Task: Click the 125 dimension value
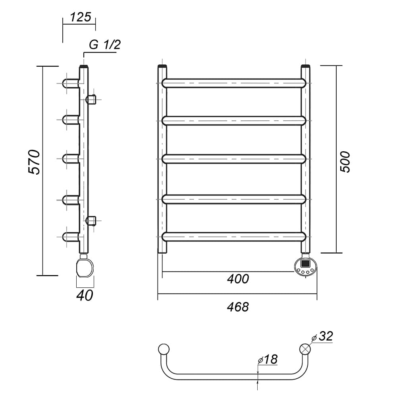point(80,17)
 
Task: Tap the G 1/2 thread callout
point(105,45)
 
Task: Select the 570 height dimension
point(34,162)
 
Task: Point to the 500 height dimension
point(345,162)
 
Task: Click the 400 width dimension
point(238,279)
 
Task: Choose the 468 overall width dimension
point(238,307)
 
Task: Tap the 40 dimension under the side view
point(85,295)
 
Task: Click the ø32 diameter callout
point(322,337)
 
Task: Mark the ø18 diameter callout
point(268,359)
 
